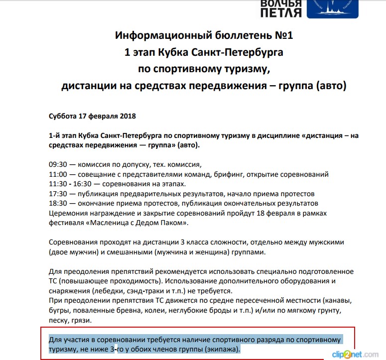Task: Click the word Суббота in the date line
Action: [x=63, y=116]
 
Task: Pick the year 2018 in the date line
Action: [x=126, y=116]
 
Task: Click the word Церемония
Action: [x=69, y=213]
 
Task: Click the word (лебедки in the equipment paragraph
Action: [x=106, y=290]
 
